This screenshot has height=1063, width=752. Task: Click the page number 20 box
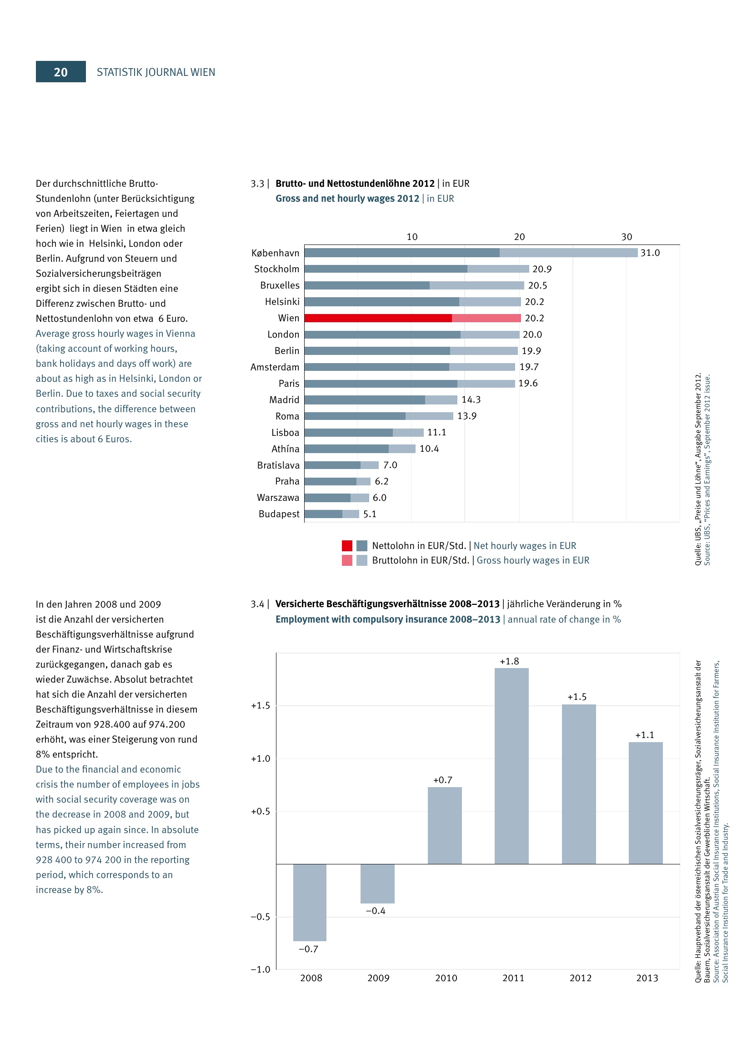[60, 72]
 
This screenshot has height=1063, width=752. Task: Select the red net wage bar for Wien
[378, 318]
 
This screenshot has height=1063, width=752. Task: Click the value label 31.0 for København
[650, 253]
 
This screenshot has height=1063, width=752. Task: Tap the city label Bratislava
[278, 465]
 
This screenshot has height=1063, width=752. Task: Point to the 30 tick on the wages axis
[627, 237]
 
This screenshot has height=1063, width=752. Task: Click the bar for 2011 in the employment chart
[511, 766]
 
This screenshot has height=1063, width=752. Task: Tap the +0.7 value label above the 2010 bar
[443, 780]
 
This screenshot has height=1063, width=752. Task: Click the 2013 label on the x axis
[647, 978]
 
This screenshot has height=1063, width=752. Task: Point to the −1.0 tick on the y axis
[260, 969]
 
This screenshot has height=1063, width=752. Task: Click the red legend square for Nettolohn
[347, 545]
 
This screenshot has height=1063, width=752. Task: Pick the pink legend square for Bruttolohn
[347, 560]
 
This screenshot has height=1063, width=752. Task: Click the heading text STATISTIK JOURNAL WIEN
[155, 72]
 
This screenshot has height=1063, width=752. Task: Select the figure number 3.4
[257, 604]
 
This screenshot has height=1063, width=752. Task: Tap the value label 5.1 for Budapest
[370, 514]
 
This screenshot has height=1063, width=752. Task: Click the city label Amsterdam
[275, 367]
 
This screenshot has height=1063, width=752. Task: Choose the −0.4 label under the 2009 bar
[376, 911]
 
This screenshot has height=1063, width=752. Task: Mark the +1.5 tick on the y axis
[260, 706]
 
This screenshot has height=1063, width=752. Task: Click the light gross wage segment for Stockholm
[498, 269]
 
